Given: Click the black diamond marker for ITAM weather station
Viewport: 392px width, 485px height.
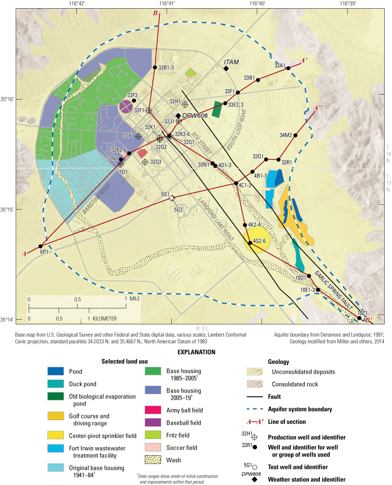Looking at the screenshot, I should click(226, 69).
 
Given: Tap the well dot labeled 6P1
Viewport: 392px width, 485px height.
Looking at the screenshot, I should click(41, 246).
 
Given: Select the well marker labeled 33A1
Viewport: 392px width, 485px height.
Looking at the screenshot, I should click(288, 68).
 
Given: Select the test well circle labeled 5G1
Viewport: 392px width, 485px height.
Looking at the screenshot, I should click(172, 198).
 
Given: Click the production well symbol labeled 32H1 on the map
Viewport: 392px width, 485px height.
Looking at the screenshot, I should click(185, 105).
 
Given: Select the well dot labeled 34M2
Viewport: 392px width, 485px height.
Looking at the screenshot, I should click(296, 135).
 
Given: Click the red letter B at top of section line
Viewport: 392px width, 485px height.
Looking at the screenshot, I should click(156, 14).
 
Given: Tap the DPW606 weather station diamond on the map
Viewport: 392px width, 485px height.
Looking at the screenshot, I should click(178, 116).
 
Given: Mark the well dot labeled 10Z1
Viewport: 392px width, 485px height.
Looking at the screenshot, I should click(360, 318).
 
